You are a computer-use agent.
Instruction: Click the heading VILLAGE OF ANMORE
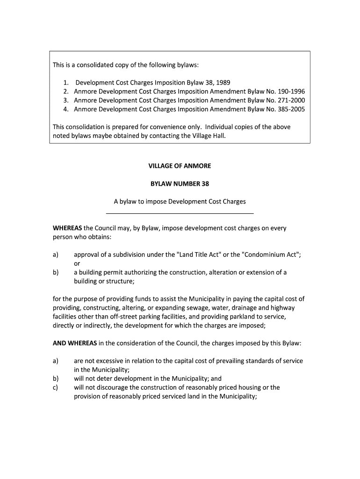point(180,166)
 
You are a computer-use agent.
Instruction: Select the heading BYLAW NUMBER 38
point(180,184)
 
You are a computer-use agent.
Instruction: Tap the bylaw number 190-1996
point(289,91)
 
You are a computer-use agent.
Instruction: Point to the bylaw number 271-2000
point(289,100)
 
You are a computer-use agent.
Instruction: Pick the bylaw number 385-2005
point(289,109)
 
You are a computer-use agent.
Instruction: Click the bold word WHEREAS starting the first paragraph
point(67,228)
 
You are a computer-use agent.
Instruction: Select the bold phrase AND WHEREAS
point(75,343)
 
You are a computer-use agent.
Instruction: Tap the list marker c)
point(56,387)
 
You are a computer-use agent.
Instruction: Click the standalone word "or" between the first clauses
point(77,263)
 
